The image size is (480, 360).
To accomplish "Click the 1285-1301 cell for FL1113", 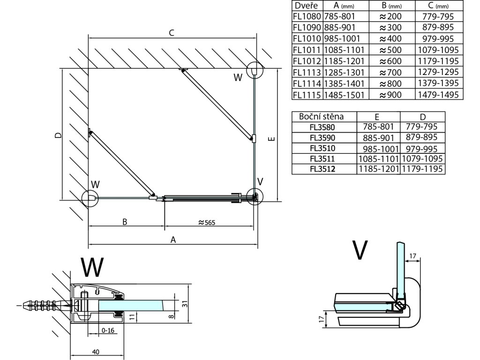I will point(345,73).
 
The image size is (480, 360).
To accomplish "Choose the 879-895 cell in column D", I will point(422,137).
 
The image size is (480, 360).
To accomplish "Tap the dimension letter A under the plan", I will point(173,240).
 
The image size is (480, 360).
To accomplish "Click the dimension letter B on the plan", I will point(125,222).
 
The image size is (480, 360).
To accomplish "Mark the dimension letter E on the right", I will point(272,138).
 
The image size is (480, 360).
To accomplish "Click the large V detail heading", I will point(360,251).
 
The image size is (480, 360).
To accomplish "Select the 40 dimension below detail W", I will point(96,352).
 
